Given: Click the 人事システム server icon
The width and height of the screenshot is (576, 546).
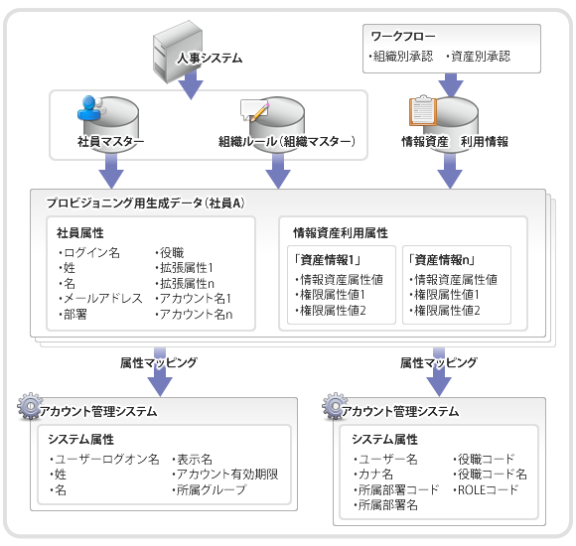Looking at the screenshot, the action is (178, 52).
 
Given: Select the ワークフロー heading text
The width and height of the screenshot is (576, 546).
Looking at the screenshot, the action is (403, 37).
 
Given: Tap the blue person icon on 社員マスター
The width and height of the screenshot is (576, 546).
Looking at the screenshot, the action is (89, 108).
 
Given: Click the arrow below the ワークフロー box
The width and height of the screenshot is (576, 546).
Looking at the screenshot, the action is (451, 85).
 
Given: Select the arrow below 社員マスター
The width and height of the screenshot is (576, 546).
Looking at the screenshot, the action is (111, 171).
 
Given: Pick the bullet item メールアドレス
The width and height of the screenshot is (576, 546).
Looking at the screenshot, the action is (100, 299).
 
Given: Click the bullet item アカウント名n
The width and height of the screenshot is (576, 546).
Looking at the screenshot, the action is (194, 315).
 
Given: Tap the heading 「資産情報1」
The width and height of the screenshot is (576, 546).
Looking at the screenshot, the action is (326, 260).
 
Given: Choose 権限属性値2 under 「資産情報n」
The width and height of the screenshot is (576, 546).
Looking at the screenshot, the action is (445, 311).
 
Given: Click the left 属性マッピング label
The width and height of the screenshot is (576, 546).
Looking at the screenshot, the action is (159, 362).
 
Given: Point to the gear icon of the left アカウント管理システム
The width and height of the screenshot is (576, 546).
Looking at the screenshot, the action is (30, 406).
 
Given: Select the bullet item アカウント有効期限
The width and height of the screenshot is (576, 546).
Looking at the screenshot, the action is (225, 475).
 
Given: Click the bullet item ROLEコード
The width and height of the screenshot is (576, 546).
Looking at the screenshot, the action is (486, 489).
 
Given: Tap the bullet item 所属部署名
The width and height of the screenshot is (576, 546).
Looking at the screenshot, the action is (385, 505).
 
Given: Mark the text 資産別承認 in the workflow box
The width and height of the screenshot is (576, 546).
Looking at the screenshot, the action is (479, 57).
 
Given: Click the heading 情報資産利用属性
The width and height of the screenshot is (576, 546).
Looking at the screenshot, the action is (341, 232).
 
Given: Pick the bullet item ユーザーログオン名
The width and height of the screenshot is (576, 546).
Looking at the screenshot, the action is (104, 459).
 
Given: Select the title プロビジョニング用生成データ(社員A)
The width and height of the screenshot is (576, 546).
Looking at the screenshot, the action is (145, 204).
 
